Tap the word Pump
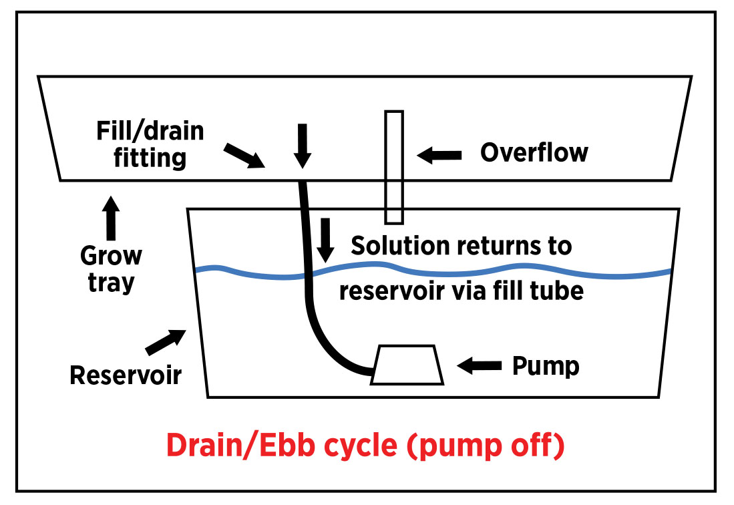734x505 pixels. (x=545, y=365)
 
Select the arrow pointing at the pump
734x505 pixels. (x=480, y=365)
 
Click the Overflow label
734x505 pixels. (x=534, y=152)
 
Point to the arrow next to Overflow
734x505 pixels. (x=439, y=156)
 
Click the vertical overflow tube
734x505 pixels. (x=394, y=167)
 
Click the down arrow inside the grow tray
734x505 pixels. (x=303, y=145)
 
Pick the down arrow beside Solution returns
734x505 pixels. (x=325, y=240)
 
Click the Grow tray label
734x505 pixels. (x=111, y=269)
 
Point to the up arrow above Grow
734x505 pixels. (x=111, y=218)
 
